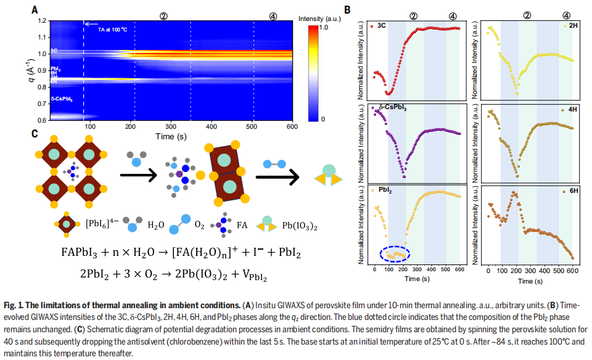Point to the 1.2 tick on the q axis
click(x=41, y=20)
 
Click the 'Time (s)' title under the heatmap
click(x=170, y=135)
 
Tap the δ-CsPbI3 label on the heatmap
click(x=62, y=98)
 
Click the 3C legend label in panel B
click(x=381, y=26)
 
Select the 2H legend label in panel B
click(x=565, y=26)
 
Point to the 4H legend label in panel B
click(x=565, y=110)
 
